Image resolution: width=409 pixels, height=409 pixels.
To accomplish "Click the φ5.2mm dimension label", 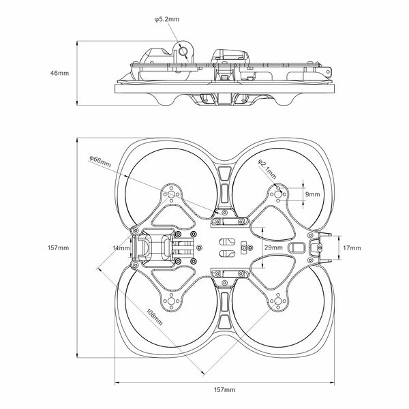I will tap(166, 20).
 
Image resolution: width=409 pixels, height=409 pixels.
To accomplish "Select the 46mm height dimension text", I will tap(59, 72).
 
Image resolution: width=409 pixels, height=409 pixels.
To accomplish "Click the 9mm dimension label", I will tap(312, 194).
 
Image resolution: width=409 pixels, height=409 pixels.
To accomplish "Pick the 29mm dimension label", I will tap(273, 247).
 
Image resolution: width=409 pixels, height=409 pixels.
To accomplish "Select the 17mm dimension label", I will tap(352, 247).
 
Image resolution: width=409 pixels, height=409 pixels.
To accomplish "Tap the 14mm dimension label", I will tap(121, 248).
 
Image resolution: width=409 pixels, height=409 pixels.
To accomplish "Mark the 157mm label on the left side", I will tap(59, 247).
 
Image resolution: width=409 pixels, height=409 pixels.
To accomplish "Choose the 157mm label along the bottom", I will tap(225, 389).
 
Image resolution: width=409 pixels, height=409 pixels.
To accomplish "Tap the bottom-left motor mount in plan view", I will tap(171, 301).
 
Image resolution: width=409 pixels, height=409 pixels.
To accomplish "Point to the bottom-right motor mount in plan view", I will tap(278, 301).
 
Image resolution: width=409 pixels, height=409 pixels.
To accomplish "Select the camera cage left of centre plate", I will tap(153, 247).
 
